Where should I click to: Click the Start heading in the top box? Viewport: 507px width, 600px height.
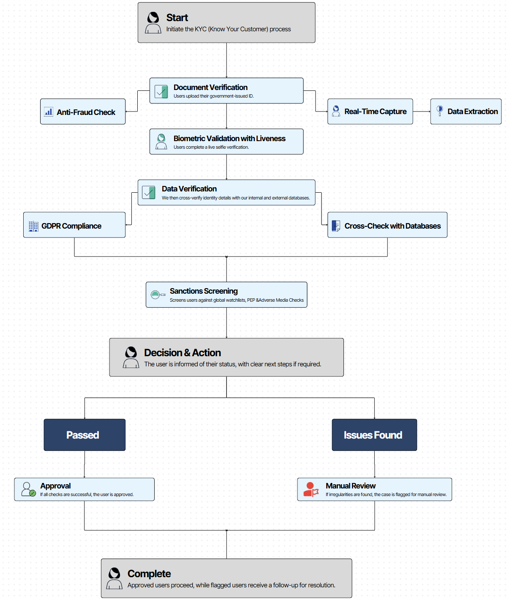click(177, 17)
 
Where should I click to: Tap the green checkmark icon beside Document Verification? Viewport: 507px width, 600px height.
click(161, 92)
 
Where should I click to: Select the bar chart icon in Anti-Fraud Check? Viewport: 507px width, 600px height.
click(49, 112)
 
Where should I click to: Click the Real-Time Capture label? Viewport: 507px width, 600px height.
click(375, 112)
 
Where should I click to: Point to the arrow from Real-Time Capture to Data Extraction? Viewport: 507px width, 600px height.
click(422, 112)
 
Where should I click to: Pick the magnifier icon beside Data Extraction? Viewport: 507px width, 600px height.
click(439, 111)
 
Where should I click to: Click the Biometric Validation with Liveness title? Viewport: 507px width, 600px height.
click(229, 139)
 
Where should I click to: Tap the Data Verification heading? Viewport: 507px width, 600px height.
click(189, 189)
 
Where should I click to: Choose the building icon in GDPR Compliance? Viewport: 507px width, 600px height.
click(33, 226)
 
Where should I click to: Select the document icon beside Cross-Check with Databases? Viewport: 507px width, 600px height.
click(336, 226)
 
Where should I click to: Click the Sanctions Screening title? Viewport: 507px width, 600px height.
click(204, 291)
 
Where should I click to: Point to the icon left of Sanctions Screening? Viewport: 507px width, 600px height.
click(158, 295)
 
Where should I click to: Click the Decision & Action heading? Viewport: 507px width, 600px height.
click(183, 352)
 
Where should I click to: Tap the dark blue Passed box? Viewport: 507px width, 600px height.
click(84, 435)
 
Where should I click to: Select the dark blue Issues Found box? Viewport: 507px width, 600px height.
click(374, 435)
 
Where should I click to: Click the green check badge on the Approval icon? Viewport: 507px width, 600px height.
click(33, 493)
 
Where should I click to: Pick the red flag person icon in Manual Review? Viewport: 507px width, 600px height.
click(311, 489)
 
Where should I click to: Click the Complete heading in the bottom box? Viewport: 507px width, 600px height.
click(149, 573)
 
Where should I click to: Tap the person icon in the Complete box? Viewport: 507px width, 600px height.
click(114, 578)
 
